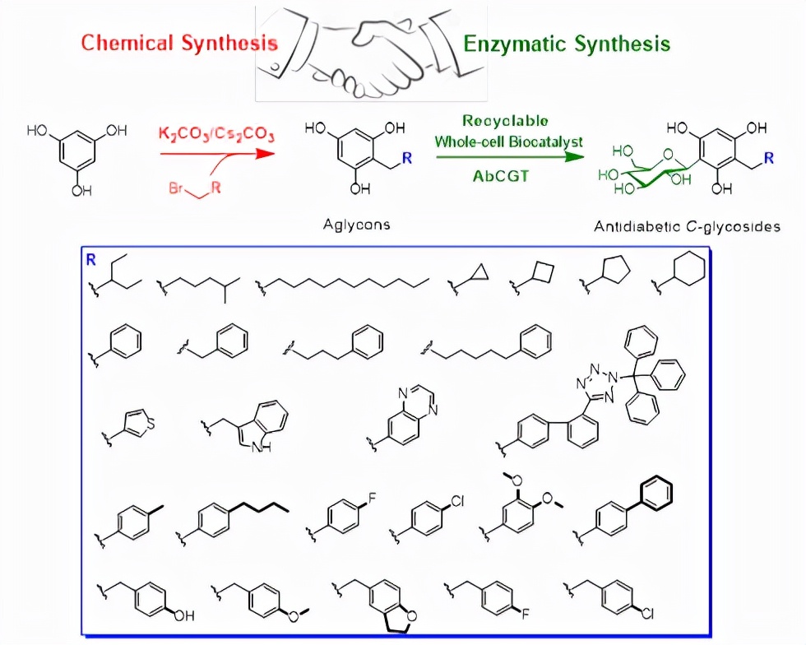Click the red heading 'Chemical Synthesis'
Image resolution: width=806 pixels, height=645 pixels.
[x=179, y=43]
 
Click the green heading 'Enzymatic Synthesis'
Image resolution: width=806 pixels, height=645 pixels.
[x=567, y=43]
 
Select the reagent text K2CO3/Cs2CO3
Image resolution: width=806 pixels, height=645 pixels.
[x=217, y=133]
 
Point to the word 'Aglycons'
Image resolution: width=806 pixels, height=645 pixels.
[x=356, y=224]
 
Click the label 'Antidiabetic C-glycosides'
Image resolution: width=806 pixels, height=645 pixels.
[x=687, y=226]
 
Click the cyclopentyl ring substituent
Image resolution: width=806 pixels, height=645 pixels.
[x=616, y=271]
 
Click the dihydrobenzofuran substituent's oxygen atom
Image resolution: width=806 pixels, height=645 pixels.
[x=410, y=615]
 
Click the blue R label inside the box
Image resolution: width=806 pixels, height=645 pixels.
[x=90, y=258]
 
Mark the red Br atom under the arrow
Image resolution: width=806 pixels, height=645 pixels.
[x=176, y=188]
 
